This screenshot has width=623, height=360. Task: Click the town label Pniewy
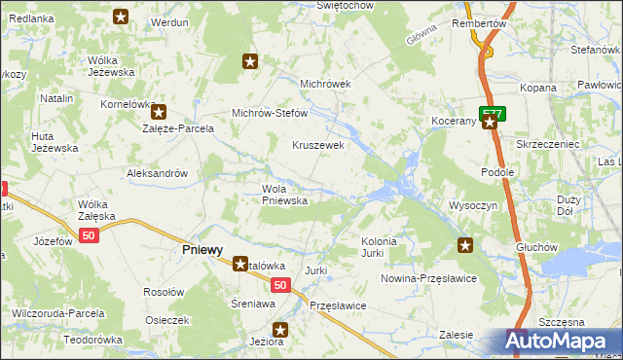click(202, 249)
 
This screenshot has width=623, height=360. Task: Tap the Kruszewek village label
click(319, 145)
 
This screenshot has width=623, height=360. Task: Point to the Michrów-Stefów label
click(269, 113)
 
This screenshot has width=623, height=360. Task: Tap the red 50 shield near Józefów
click(90, 236)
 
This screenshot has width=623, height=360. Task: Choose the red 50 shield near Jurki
click(279, 285)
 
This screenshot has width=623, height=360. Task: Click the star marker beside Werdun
click(121, 17)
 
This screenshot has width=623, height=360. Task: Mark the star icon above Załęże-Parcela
click(159, 112)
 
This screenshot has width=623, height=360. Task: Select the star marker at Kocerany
click(491, 123)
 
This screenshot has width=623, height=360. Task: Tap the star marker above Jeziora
click(280, 329)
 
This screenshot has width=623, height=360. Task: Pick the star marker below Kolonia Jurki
click(465, 245)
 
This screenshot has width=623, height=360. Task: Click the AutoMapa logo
click(556, 342)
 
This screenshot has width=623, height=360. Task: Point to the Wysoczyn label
click(473, 206)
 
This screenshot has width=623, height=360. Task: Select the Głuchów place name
click(537, 247)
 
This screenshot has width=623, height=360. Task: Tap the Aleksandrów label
click(157, 173)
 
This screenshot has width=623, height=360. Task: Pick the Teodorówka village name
click(92, 340)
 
